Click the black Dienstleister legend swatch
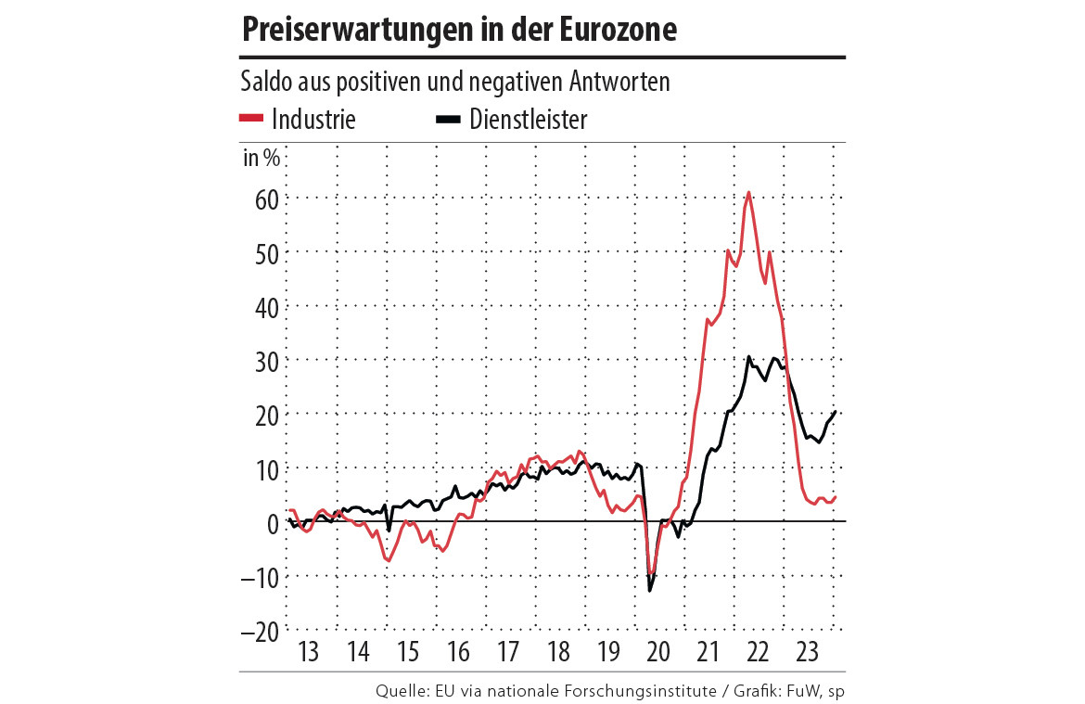pos(450,118)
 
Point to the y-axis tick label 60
pos(262,198)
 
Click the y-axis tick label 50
pos(262,252)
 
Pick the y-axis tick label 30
pos(262,360)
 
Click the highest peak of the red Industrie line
pos(748,193)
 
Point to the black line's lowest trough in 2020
pos(649,591)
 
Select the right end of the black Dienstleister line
pos(836,412)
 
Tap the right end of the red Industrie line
pos(836,497)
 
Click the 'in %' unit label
pos(261,157)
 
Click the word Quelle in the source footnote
pos(400,691)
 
